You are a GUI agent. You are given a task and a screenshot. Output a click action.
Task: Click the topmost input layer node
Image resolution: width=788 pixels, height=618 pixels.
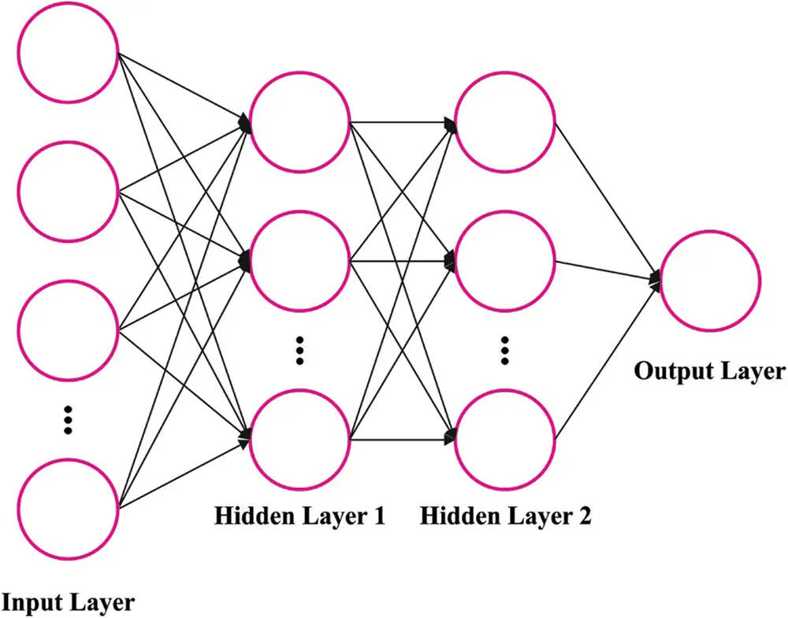(68, 54)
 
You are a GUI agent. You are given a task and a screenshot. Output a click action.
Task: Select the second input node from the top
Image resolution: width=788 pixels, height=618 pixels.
(68, 190)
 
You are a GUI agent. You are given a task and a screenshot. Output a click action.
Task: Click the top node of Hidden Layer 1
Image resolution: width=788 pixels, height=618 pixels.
(299, 122)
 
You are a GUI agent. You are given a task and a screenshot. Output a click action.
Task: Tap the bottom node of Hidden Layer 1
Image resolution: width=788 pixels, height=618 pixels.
(299, 437)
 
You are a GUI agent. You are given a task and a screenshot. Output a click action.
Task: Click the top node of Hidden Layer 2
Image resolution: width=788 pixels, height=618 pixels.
(506, 122)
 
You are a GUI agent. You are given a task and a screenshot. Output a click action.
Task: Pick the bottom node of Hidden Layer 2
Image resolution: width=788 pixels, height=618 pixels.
(506, 437)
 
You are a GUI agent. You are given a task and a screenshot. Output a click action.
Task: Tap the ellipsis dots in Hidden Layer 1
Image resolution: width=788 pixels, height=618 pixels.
(299, 349)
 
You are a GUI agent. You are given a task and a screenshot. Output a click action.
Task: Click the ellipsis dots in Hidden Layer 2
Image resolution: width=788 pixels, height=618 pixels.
(506, 349)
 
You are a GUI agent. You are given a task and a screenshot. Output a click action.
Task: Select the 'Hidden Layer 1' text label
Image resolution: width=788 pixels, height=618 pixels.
(299, 516)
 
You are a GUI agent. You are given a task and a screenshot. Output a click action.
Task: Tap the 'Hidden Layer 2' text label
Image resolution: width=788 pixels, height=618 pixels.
(505, 516)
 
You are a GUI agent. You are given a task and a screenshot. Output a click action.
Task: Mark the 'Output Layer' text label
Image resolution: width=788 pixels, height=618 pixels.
(710, 371)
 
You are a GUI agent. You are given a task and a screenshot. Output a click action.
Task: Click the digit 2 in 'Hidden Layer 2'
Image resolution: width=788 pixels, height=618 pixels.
(583, 516)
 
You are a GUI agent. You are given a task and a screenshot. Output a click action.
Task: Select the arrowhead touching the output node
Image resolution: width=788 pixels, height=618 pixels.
(655, 278)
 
